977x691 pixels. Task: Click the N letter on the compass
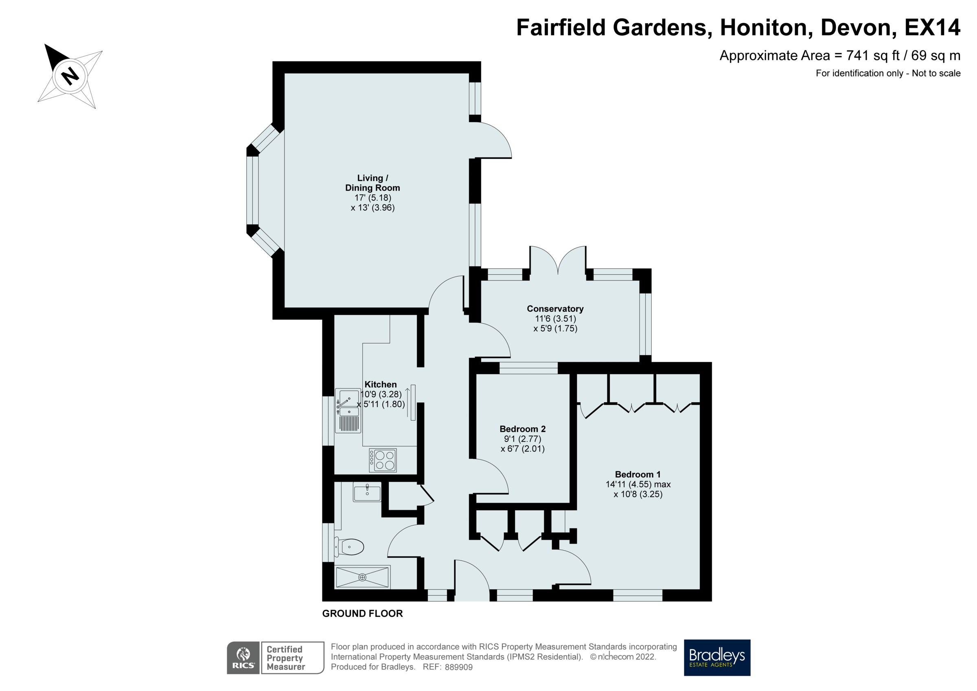coord(70,76)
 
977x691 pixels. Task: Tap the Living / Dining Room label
coord(372,183)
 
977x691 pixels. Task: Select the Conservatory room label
coord(555,309)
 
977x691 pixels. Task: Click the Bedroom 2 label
coord(522,429)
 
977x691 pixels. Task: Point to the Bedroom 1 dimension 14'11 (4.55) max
coord(638,484)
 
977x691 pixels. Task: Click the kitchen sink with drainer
coord(348,410)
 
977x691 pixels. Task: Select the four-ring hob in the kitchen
coord(383,460)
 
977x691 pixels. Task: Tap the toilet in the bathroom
coord(350,547)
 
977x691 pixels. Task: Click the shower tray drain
coord(362,577)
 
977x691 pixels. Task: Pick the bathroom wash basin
coord(367,493)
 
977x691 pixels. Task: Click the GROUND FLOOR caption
coord(362,614)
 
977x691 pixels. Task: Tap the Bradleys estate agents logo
coord(716,657)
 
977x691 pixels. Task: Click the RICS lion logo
coord(243,657)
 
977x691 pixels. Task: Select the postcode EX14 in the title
coord(931,28)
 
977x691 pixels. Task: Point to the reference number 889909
coord(458,667)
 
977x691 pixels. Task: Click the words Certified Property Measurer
coord(285,658)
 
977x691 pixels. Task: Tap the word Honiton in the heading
coord(763,28)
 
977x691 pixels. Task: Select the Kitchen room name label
coord(380,384)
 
